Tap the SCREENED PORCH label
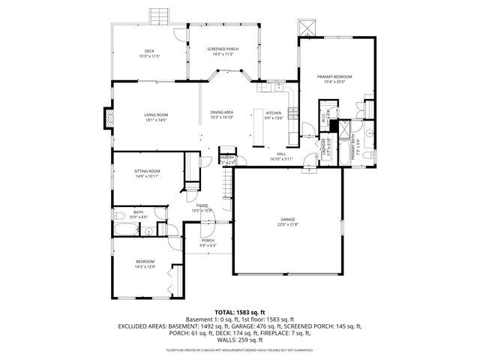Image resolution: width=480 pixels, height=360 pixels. pyautogui.click(x=223, y=49)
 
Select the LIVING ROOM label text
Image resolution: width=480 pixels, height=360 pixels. pyautogui.click(x=156, y=114)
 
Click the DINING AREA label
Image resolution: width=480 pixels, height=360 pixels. pyautogui.click(x=222, y=112)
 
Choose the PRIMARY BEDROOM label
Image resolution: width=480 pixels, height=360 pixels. pyautogui.click(x=334, y=76)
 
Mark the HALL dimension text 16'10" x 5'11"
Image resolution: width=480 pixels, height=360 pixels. pyautogui.click(x=281, y=159)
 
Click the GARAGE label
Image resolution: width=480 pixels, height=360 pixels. pyautogui.click(x=288, y=220)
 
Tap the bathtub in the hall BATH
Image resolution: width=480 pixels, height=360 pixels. pyautogui.click(x=123, y=229)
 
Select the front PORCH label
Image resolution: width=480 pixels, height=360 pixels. pyautogui.click(x=208, y=240)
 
